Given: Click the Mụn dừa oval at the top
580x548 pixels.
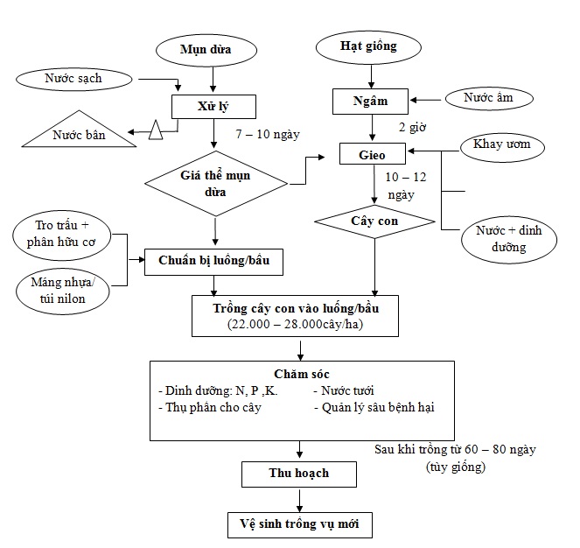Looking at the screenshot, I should (205, 49).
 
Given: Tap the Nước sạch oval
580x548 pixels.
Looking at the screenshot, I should (73, 80).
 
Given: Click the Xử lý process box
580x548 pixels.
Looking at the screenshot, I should (213, 107).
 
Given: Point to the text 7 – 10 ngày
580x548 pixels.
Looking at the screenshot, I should (269, 136).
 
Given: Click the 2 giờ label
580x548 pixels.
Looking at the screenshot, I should (412, 128).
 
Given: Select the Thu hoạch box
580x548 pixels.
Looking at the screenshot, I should (299, 474).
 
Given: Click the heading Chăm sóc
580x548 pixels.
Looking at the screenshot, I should (301, 374).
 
